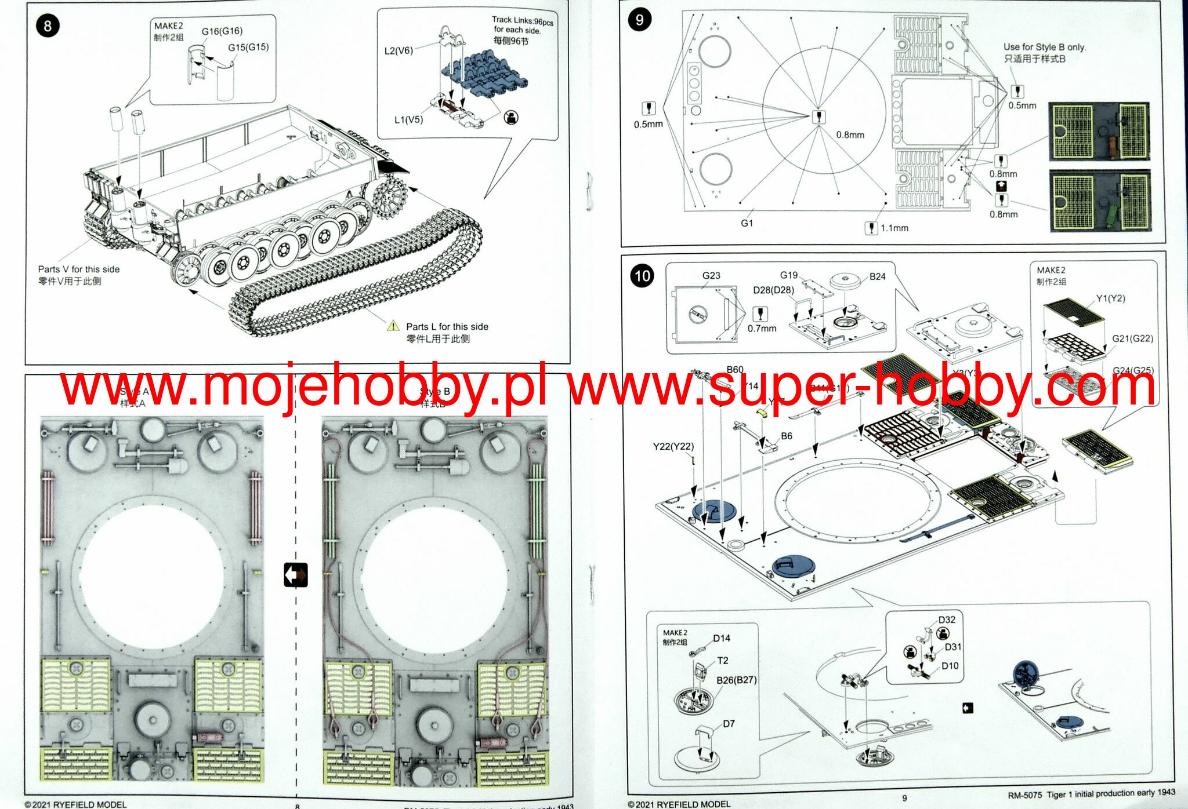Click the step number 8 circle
[x=48, y=26]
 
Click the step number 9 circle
[x=639, y=20]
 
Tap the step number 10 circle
[x=642, y=276]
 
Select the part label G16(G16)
[x=222, y=31]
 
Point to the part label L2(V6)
[x=399, y=50]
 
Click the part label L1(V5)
[x=408, y=120]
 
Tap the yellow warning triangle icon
[x=393, y=326]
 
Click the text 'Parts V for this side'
[x=79, y=269]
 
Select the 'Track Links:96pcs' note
[x=522, y=21]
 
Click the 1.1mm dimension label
[x=894, y=228]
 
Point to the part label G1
[x=747, y=223]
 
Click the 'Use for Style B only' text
[x=1044, y=47]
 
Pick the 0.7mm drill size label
[x=762, y=329]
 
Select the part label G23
[x=711, y=276]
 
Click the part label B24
[x=877, y=277]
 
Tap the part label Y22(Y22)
[x=673, y=446]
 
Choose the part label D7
[x=729, y=724]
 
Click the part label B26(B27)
[x=736, y=680]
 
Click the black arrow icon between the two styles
[x=296, y=575]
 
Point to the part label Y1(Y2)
[x=1110, y=298]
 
